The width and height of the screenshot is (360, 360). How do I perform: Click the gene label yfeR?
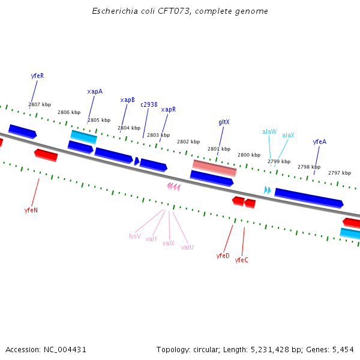click(x=37, y=76)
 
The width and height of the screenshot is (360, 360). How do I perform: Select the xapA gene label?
click(x=95, y=92)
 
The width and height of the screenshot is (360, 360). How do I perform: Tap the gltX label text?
click(x=224, y=122)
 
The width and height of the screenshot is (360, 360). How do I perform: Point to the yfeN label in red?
click(x=31, y=211)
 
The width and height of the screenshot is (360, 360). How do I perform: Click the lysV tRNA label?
click(x=135, y=236)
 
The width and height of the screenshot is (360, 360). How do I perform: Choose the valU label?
click(x=187, y=247)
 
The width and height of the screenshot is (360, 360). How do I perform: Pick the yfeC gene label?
click(x=242, y=260)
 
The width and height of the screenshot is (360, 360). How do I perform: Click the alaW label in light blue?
click(x=269, y=131)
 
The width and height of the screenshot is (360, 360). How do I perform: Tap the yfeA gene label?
click(x=320, y=142)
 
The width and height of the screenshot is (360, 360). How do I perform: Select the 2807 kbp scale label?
click(x=40, y=104)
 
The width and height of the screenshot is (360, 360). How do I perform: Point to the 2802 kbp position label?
click(x=188, y=142)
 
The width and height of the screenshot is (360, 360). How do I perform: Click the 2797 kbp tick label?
click(x=340, y=173)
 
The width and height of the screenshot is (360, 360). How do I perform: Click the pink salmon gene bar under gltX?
click(x=214, y=167)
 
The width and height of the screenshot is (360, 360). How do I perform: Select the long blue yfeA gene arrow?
click(x=308, y=198)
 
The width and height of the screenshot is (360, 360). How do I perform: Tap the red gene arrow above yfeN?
click(x=46, y=155)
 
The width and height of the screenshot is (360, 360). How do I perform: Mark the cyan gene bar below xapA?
click(x=83, y=137)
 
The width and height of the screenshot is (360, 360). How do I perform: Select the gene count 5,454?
click(x=342, y=349)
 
